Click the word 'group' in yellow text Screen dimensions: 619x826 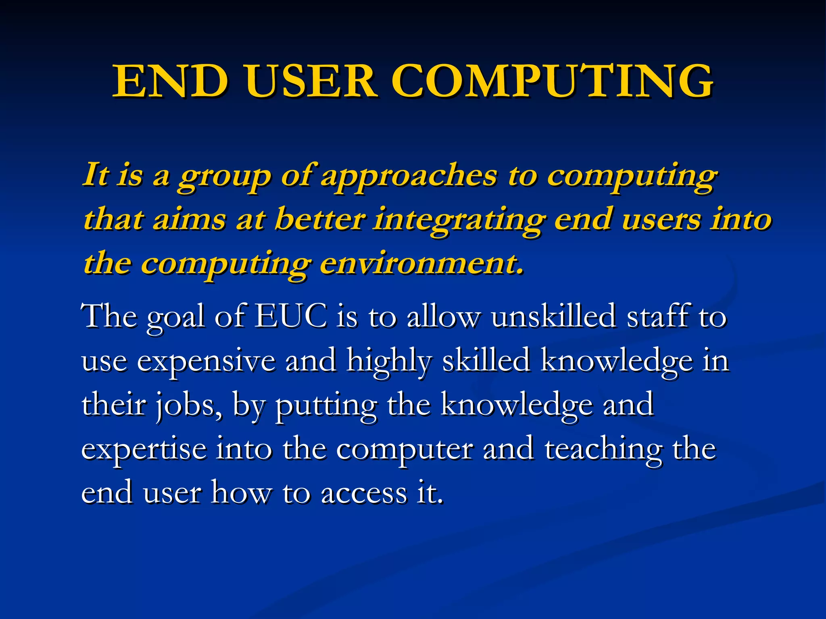point(224,177)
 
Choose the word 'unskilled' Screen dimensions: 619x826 point(553,316)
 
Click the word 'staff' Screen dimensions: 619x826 point(657,316)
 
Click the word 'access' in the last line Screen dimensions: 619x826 point(364,493)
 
